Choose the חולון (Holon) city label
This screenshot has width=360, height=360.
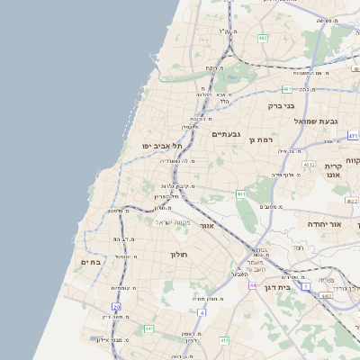coord(177,255)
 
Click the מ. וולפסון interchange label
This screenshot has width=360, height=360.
coord(118,211)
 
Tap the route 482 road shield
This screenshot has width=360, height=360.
coord(262,39)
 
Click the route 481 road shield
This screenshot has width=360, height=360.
coord(286,89)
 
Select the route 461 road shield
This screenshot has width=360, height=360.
coord(240,193)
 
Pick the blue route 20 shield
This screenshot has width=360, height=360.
coord(116,308)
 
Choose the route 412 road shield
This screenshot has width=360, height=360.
coord(309,165)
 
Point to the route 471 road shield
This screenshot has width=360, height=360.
coord(353,136)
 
